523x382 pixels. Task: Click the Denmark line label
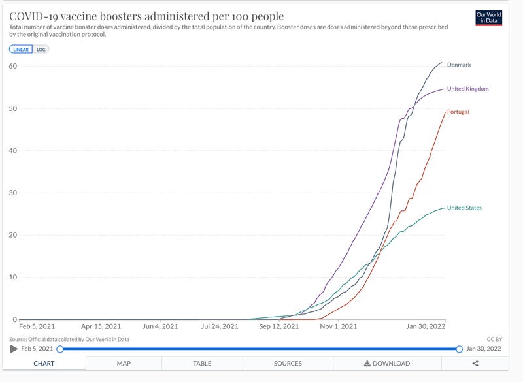pos(458,65)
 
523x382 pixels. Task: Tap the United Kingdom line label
pos(467,89)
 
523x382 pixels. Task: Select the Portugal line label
pos(458,112)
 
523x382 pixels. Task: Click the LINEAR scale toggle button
pos(21,49)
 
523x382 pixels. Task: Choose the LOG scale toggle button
pos(41,49)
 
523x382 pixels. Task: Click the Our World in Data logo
pos(489,18)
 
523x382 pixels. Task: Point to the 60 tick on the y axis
pos(13,66)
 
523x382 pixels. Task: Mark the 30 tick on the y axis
pos(13,193)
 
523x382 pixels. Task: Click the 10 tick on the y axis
pos(13,277)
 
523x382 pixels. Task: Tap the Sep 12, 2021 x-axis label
pos(279,326)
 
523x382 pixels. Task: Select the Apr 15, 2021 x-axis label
pos(101,326)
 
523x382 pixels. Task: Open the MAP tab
pos(124,364)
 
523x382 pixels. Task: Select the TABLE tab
pos(202,364)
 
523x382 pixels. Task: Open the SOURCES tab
pos(288,364)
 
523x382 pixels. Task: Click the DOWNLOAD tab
pos(387,364)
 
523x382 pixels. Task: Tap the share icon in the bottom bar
pos(475,364)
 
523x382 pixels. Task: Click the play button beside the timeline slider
pos(14,349)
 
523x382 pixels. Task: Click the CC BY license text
pos(494,339)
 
